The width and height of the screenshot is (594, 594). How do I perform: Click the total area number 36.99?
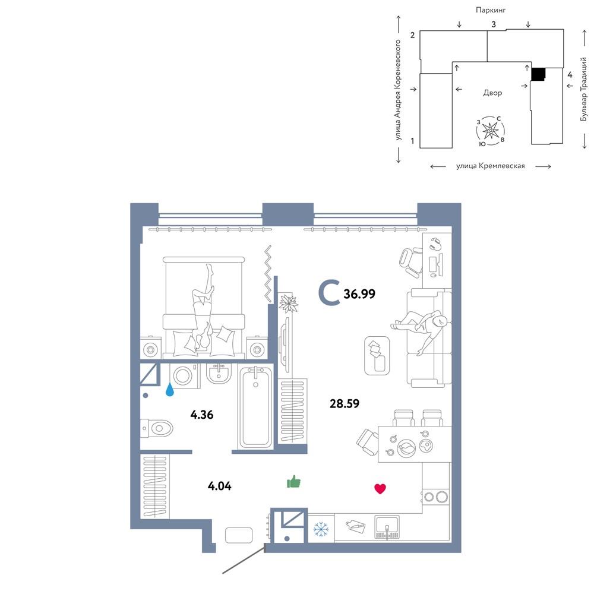tap(359, 293)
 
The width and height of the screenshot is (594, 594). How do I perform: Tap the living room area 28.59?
tap(345, 403)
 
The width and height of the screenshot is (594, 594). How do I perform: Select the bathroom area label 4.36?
tap(202, 415)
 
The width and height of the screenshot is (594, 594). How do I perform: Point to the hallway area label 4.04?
tap(220, 486)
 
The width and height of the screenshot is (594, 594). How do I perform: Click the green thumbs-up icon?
tap(293, 482)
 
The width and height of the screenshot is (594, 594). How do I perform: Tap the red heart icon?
tap(380, 489)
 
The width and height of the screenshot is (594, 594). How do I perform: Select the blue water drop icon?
tap(170, 390)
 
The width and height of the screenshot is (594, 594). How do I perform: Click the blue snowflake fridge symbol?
tap(321, 529)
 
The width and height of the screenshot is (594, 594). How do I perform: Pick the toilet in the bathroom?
tap(156, 428)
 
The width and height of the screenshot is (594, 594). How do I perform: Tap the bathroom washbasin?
tap(219, 373)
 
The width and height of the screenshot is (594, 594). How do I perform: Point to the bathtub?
tap(255, 407)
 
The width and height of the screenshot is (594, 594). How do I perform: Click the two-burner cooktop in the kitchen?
tap(435, 497)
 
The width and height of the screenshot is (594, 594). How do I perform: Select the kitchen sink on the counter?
tap(387, 526)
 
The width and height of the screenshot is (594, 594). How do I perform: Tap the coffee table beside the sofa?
tap(377, 355)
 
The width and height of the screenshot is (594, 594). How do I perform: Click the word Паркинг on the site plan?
tap(491, 10)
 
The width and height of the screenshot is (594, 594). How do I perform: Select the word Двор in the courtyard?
tap(492, 93)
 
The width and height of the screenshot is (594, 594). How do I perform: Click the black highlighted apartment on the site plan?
tap(538, 74)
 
